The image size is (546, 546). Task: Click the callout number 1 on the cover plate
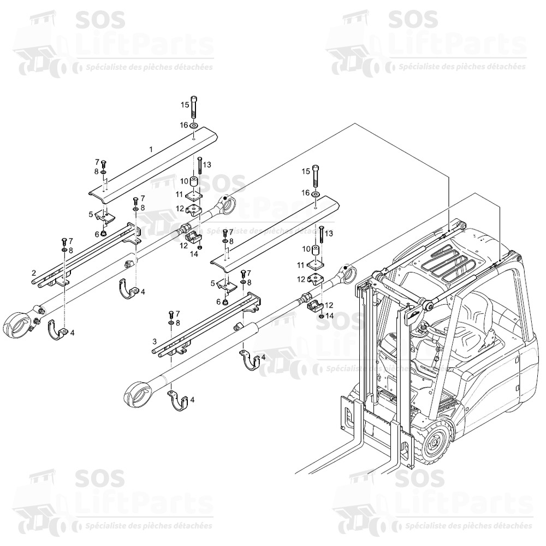tap(151, 149)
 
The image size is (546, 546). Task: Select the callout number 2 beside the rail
tap(34, 272)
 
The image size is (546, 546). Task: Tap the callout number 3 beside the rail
tap(155, 341)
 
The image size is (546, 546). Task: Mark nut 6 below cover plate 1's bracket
tap(104, 234)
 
